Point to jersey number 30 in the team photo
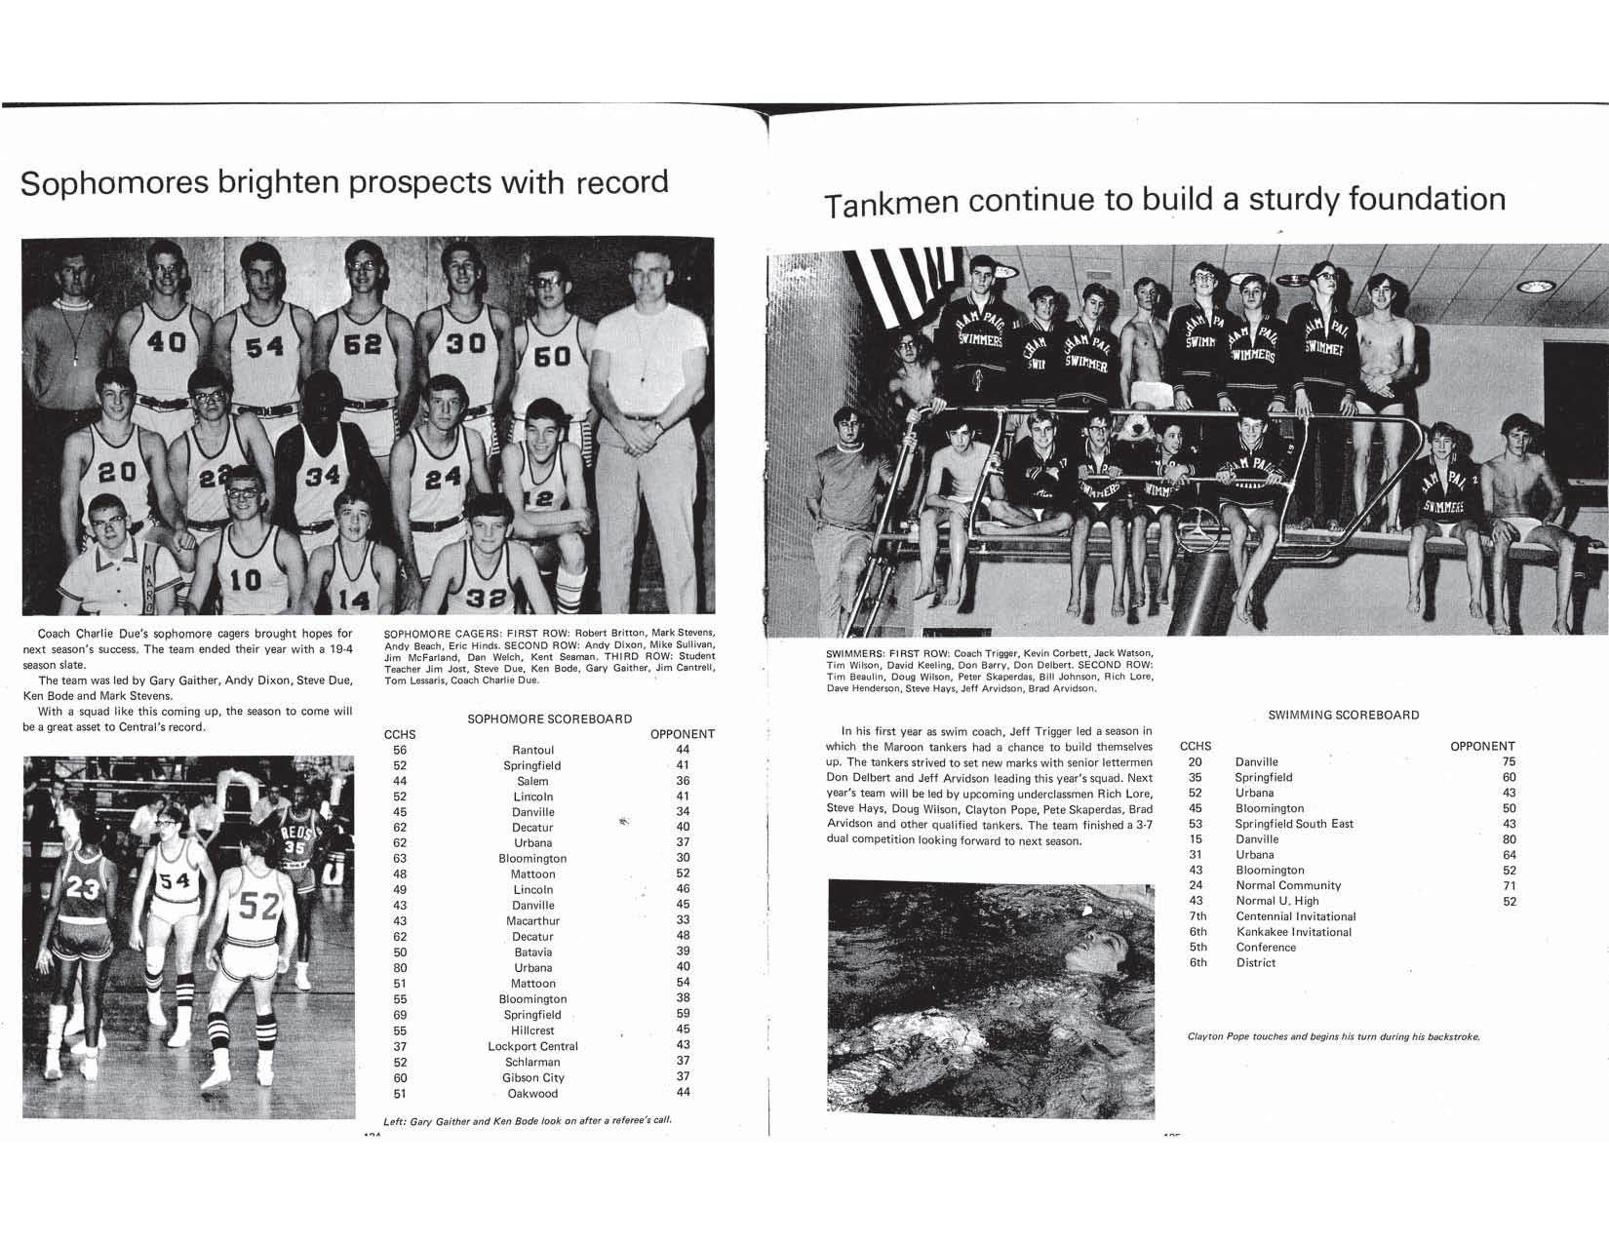[x=465, y=345]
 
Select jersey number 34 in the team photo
[x=323, y=478]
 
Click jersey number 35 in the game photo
[x=294, y=848]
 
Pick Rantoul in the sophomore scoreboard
[x=532, y=750]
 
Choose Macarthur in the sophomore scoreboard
[x=532, y=920]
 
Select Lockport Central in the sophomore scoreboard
[x=532, y=1046]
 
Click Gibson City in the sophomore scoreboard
[x=532, y=1077]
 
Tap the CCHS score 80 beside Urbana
[x=400, y=967]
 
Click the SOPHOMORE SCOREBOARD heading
[x=549, y=719]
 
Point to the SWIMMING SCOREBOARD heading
[x=1343, y=715]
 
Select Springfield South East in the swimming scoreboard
[x=1294, y=824]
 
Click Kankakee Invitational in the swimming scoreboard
[x=1293, y=932]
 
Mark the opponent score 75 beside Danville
[x=1509, y=762]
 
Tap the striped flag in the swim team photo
[x=901, y=284]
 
